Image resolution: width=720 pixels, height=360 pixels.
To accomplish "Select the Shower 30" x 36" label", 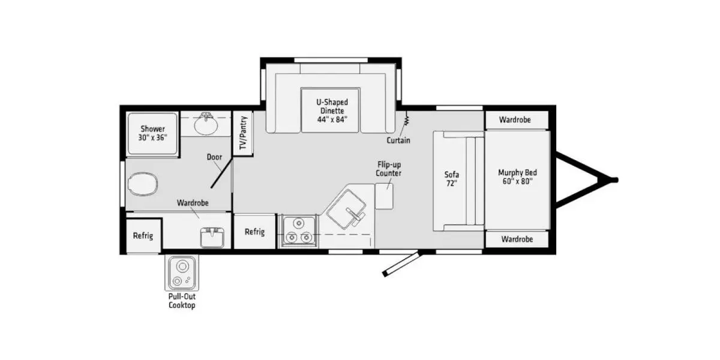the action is click(x=152, y=133).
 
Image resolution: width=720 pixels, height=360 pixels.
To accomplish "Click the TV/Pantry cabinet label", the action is click(x=244, y=133).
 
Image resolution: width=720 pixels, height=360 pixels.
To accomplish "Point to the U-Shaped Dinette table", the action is click(x=330, y=110).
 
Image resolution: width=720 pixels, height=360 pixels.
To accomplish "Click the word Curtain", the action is click(x=398, y=140).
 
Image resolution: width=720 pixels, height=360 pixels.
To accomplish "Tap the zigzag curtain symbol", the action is click(x=406, y=119).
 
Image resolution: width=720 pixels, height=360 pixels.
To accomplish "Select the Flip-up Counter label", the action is click(x=389, y=169).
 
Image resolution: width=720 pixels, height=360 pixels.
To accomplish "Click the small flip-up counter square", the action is click(x=385, y=196).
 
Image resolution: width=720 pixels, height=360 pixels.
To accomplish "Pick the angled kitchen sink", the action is click(x=346, y=209).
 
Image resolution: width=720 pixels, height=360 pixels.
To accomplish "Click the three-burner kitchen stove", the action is click(x=299, y=231).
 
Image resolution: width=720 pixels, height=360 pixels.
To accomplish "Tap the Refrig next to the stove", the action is click(x=254, y=232).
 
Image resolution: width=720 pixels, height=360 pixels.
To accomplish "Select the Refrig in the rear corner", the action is click(x=143, y=236).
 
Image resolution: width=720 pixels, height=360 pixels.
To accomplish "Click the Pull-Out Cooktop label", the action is click(x=182, y=301).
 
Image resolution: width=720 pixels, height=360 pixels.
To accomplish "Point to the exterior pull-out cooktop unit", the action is click(x=182, y=273).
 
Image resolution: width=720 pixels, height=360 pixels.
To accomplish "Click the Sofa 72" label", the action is click(x=452, y=179).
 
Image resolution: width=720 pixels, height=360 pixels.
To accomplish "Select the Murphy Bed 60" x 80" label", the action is click(x=517, y=177).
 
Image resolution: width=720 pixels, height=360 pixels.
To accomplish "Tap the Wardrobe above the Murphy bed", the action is click(x=515, y=120).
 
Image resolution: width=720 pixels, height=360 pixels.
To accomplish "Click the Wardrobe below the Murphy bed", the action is click(x=517, y=239).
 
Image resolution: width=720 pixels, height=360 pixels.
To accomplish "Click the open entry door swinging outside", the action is click(x=401, y=264).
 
